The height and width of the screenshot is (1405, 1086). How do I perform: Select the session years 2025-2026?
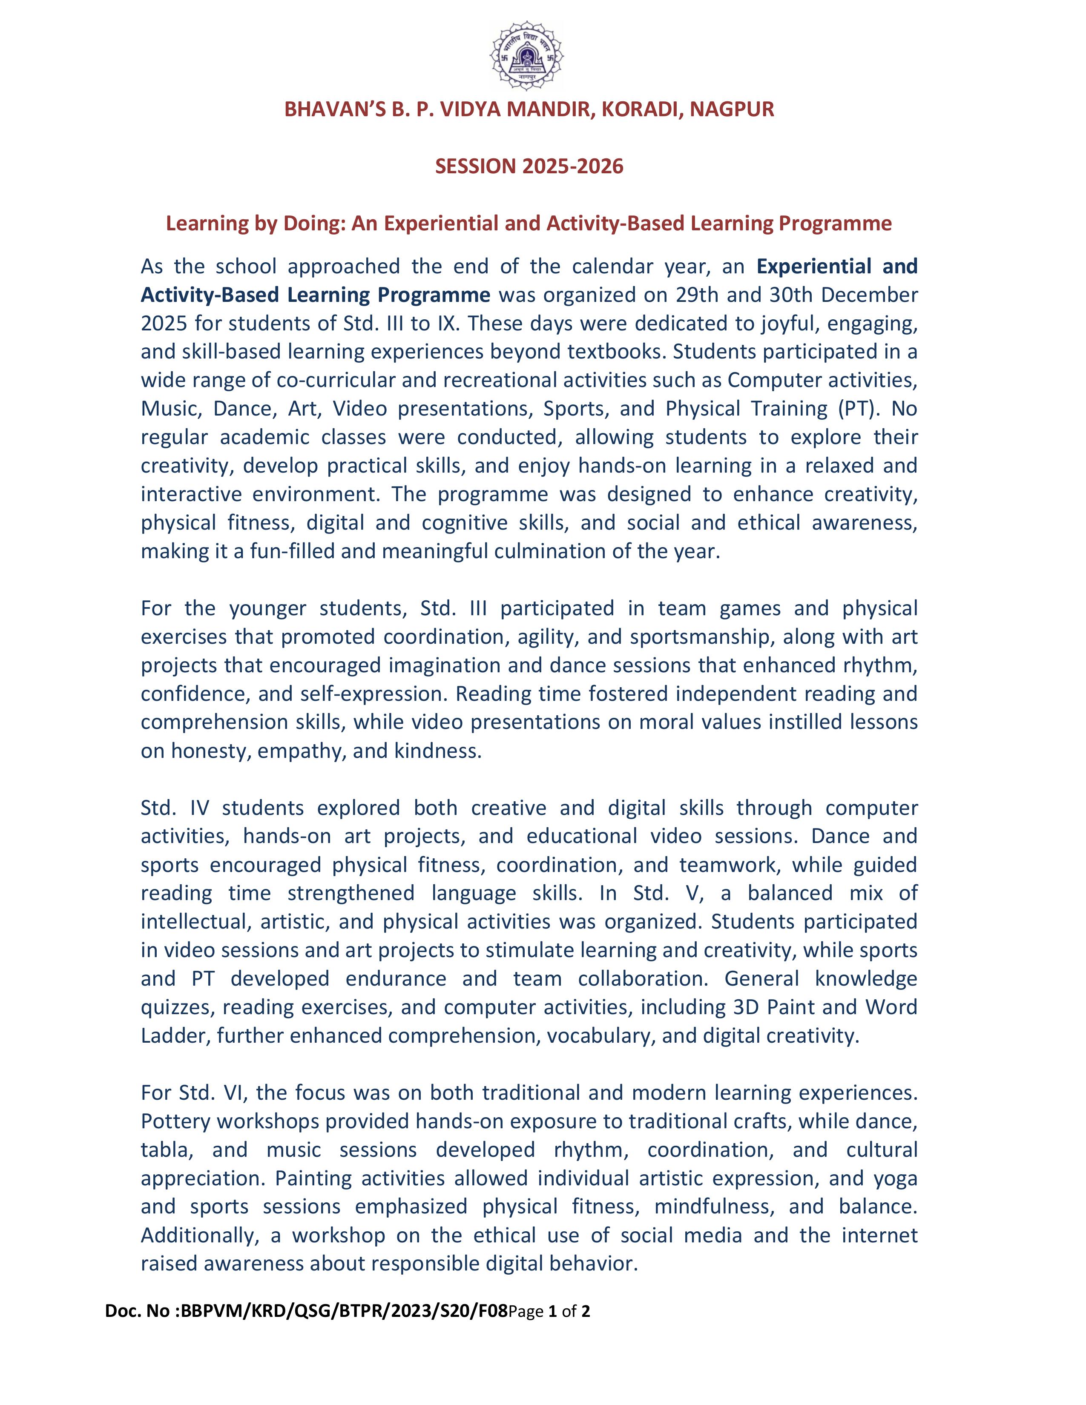point(572,166)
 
